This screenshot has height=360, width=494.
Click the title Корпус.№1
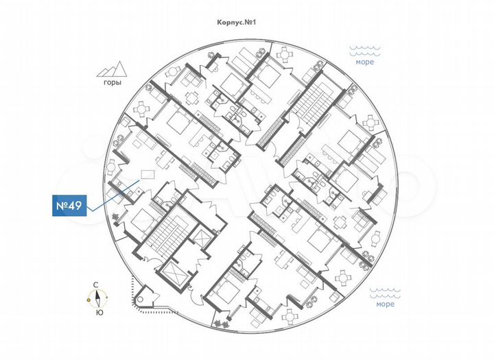click(x=236, y=23)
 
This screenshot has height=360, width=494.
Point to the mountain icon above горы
click(x=111, y=69)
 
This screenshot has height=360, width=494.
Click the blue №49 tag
click(x=70, y=206)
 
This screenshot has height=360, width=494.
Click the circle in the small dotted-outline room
click(x=143, y=299)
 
